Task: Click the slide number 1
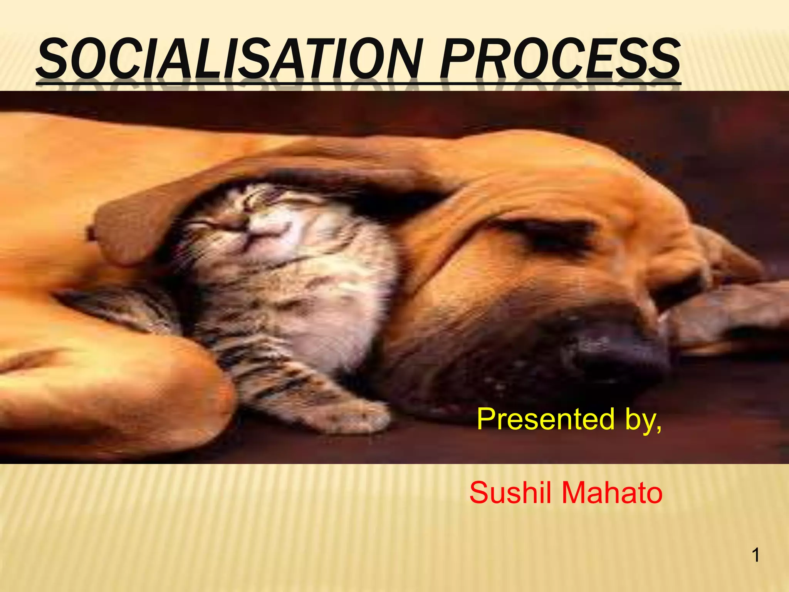[x=756, y=555]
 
